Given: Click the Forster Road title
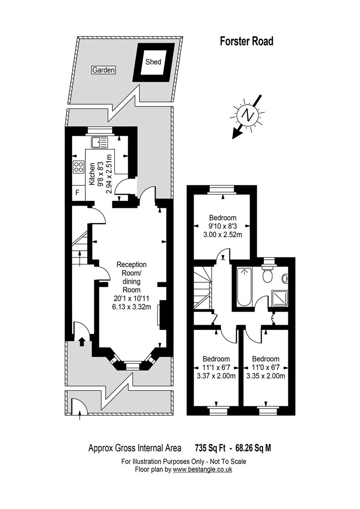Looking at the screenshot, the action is click(247, 41).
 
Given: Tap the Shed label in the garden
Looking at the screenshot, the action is click(153, 62).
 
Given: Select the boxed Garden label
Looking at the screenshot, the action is click(104, 70).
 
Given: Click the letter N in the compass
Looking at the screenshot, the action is click(248, 115).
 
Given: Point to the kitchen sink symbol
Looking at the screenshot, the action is click(99, 142).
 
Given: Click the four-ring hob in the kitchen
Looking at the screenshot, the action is click(79, 167).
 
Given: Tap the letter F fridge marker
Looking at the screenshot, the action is click(77, 192).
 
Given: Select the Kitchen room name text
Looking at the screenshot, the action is click(92, 174).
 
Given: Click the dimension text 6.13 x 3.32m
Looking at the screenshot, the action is click(131, 307).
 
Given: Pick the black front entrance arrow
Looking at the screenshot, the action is click(82, 342).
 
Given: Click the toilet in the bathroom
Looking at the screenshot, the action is click(268, 275).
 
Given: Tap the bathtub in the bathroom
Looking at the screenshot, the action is click(244, 287).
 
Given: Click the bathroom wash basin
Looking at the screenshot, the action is click(285, 278).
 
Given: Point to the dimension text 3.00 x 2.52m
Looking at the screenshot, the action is click(223, 234).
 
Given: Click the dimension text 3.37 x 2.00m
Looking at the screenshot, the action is click(216, 376).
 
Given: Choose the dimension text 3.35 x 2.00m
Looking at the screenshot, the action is click(266, 376).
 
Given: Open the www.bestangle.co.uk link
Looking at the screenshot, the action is click(202, 469).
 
